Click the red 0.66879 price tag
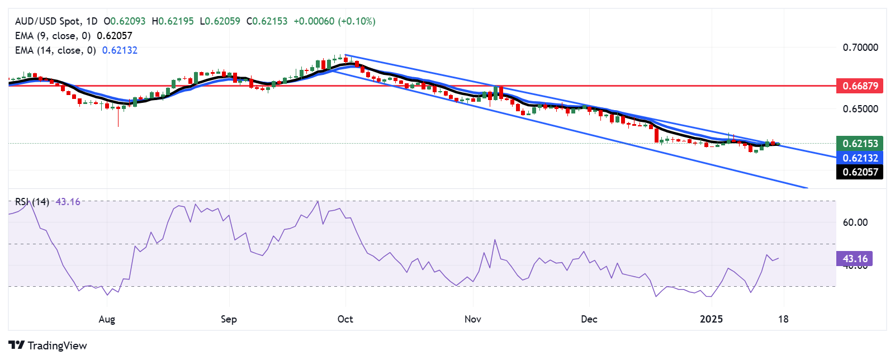pyautogui.click(x=860, y=86)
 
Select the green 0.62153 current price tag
pyautogui.click(x=860, y=144)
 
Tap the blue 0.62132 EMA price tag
pyautogui.click(x=860, y=158)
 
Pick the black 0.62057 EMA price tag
pyautogui.click(x=860, y=172)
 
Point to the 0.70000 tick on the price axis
pyautogui.click(x=860, y=48)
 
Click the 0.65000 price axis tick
pyautogui.click(x=860, y=109)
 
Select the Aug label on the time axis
pyautogui.click(x=107, y=319)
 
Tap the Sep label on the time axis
pyautogui.click(x=229, y=319)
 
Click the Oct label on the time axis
pyautogui.click(x=345, y=319)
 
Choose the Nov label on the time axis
pyautogui.click(x=473, y=319)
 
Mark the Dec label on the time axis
pyautogui.click(x=589, y=319)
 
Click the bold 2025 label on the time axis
pyautogui.click(x=711, y=319)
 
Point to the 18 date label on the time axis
pyautogui.click(x=784, y=319)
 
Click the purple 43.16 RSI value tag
pyautogui.click(x=855, y=259)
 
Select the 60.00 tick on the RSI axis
pyautogui.click(x=855, y=222)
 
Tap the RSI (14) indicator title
pyautogui.click(x=32, y=202)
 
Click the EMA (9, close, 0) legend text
pyautogui.click(x=53, y=36)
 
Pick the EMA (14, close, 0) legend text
pyautogui.click(x=55, y=50)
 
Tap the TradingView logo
pyautogui.click(x=48, y=345)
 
